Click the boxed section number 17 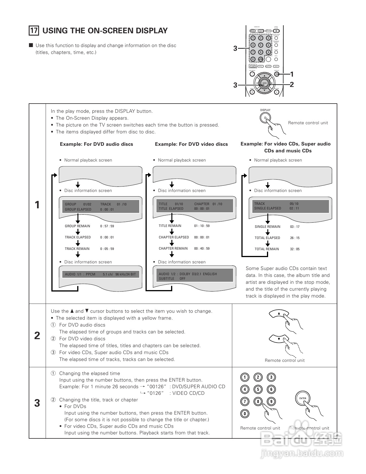[x=34, y=30]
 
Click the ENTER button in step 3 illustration [x=303, y=398]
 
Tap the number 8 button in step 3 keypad [x=258, y=401]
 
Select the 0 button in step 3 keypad [x=245, y=413]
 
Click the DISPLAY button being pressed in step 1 [x=266, y=118]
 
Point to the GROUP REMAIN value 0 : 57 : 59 [x=107, y=226]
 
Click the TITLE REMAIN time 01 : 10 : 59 [x=202, y=226]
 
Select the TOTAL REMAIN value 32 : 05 [x=295, y=249]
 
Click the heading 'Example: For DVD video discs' [x=191, y=144]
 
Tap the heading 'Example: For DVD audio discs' [x=96, y=144]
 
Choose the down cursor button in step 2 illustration [x=278, y=339]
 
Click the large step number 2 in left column [x=37, y=335]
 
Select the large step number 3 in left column [x=37, y=403]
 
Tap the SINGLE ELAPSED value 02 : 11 [x=294, y=208]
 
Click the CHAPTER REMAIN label [x=173, y=248]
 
